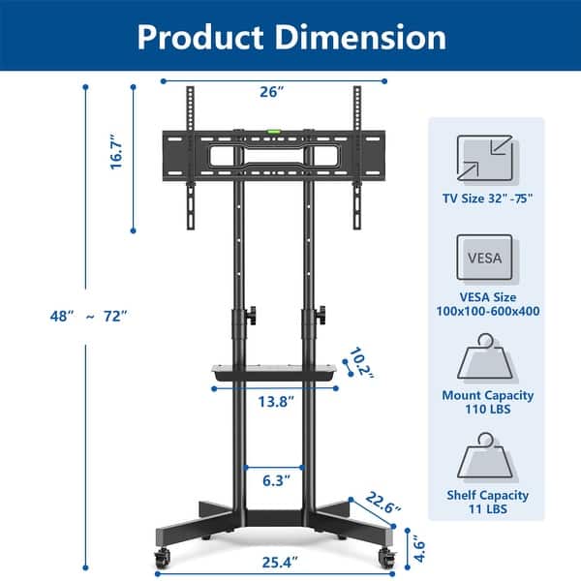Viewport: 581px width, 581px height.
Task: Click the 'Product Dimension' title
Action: (x=290, y=36)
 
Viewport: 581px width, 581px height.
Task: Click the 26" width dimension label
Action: (x=272, y=92)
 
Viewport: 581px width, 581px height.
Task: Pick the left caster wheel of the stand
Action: (x=160, y=556)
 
